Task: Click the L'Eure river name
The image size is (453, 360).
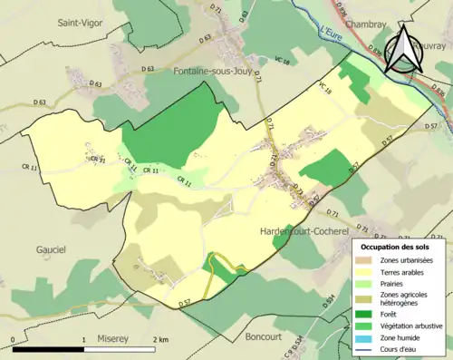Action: click(x=334, y=33)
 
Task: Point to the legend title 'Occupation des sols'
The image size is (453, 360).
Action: click(x=398, y=246)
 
